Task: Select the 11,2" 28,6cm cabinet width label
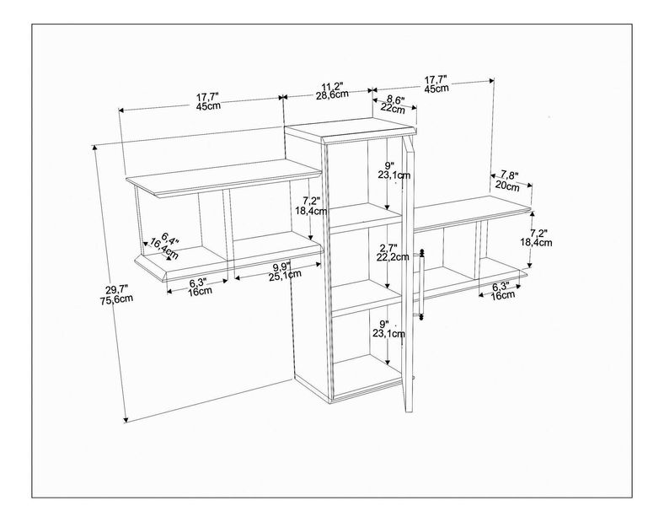coord(332,90)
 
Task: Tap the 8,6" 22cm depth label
coord(393,105)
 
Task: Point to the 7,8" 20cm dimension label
coord(507,181)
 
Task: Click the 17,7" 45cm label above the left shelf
coord(208,102)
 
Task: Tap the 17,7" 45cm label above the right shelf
coord(436,83)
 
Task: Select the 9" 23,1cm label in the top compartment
coord(394,170)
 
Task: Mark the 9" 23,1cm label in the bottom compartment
coord(388,329)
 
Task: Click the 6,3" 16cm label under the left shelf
coord(199,287)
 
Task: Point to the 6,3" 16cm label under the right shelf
coord(503,291)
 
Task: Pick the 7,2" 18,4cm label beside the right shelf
coord(536,238)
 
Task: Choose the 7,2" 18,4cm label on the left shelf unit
coord(311,206)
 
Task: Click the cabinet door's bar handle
coord(421,284)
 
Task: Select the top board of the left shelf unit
coord(224,177)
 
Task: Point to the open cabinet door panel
coord(409,273)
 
